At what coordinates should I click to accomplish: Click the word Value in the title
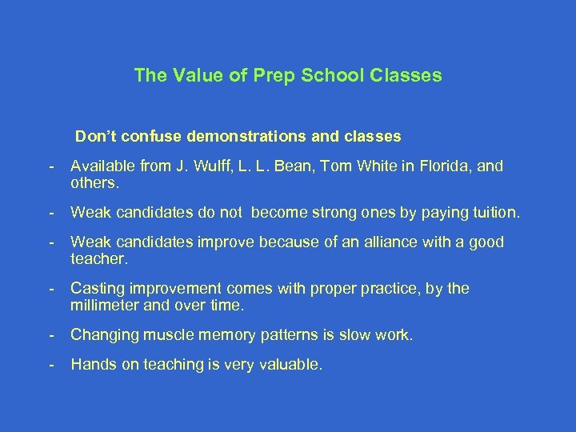point(192,76)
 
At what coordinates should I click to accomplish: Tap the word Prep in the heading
point(261,76)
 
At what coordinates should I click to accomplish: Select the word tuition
point(492,213)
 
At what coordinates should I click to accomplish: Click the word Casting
point(96,288)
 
